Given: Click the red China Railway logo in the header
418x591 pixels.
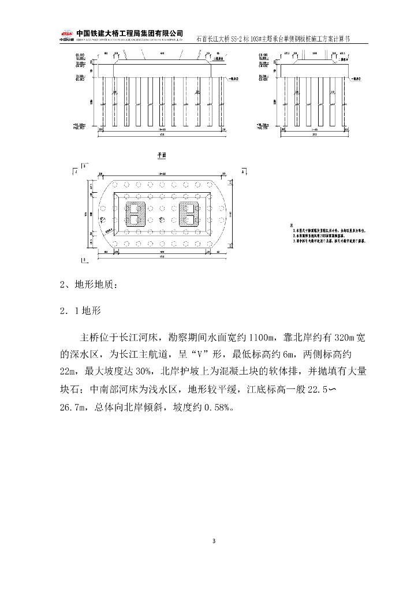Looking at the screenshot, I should [x=67, y=33].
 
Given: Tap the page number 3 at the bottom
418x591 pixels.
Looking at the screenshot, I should [x=214, y=541].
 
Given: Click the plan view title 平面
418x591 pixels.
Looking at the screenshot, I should [x=162, y=156].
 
